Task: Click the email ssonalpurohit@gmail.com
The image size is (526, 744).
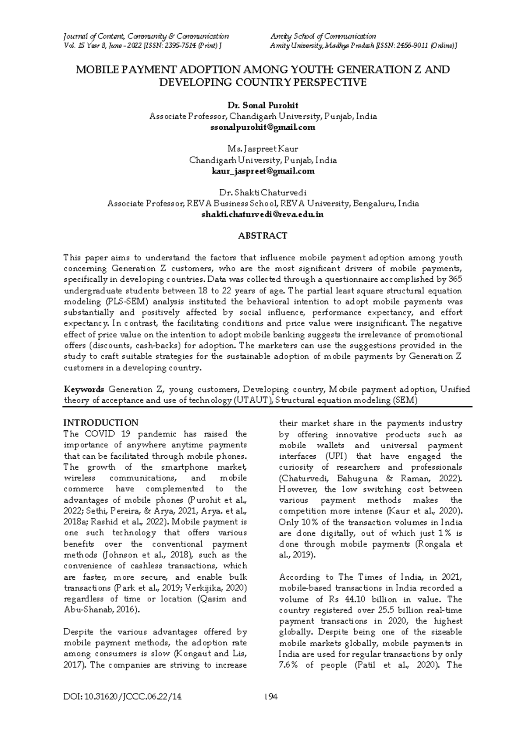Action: click(x=263, y=128)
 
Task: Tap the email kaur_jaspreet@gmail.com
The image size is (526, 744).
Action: click(x=263, y=171)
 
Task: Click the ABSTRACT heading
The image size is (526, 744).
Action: click(x=263, y=236)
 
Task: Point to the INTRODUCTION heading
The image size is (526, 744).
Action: click(x=101, y=423)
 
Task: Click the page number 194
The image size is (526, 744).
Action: click(x=272, y=697)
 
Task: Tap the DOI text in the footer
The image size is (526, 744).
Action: click(x=122, y=697)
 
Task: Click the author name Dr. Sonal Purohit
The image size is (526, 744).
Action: click(x=263, y=106)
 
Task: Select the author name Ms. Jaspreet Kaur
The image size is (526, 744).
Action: click(x=263, y=149)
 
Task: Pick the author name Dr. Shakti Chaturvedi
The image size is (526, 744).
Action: click(x=263, y=193)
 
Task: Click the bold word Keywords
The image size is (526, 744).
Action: click(x=84, y=390)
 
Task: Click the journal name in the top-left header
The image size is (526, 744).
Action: click(x=146, y=36)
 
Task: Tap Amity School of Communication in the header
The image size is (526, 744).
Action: click(x=323, y=36)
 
